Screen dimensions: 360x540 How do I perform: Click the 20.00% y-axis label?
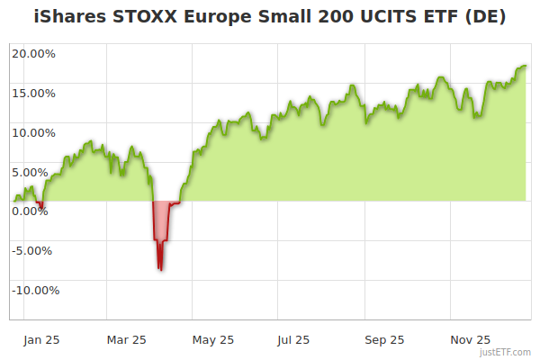point(33,53)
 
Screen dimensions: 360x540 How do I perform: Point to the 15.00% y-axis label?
point(33,93)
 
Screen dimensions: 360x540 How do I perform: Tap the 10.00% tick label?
point(33,132)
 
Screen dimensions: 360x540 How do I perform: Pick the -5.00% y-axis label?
point(35,250)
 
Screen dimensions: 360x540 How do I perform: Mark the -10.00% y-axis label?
point(35,290)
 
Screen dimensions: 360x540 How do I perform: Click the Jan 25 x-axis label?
point(40,340)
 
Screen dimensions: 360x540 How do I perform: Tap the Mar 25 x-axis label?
point(126,340)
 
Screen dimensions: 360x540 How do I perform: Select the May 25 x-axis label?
point(213,340)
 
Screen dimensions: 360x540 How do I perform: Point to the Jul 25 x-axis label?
point(293,340)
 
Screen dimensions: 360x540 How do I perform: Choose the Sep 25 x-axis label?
point(384,340)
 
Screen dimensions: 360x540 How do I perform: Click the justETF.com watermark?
point(505,353)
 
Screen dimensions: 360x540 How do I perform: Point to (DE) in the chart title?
point(482,17)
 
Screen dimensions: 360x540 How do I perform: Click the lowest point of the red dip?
point(160,269)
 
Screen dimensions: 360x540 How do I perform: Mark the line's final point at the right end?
point(526,66)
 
